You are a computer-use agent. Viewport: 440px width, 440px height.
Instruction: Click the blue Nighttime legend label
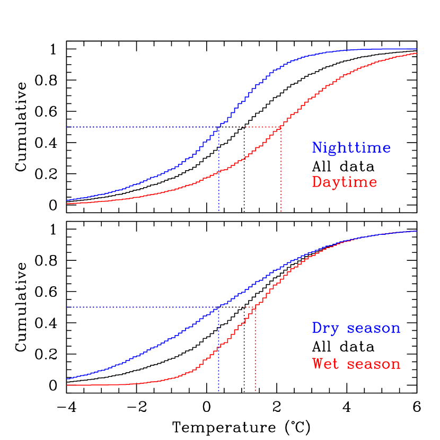click(351, 148)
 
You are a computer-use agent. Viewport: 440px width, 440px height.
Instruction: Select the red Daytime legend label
click(344, 182)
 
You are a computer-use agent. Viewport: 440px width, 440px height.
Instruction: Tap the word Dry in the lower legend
click(325, 328)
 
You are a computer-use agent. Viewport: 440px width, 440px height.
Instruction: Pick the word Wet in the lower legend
click(325, 364)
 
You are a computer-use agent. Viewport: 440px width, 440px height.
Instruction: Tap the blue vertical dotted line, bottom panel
click(218, 355)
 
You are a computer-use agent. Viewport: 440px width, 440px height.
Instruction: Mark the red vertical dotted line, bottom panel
click(256, 355)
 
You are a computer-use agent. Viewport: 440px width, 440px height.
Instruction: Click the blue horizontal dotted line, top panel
click(138, 127)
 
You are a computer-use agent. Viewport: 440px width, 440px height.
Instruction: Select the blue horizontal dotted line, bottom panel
click(138, 307)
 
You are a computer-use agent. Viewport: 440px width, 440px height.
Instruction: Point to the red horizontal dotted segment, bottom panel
click(239, 307)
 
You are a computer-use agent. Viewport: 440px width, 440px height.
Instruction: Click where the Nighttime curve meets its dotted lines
click(219, 127)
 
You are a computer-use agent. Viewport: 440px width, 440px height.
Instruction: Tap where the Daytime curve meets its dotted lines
click(281, 127)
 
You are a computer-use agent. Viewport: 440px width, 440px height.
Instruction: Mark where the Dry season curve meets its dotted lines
click(218, 307)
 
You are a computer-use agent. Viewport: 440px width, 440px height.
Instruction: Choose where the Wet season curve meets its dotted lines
click(256, 307)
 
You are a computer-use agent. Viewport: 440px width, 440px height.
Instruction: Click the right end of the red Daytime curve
click(417, 53)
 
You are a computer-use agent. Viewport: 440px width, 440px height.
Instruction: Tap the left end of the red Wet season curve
click(67, 385)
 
